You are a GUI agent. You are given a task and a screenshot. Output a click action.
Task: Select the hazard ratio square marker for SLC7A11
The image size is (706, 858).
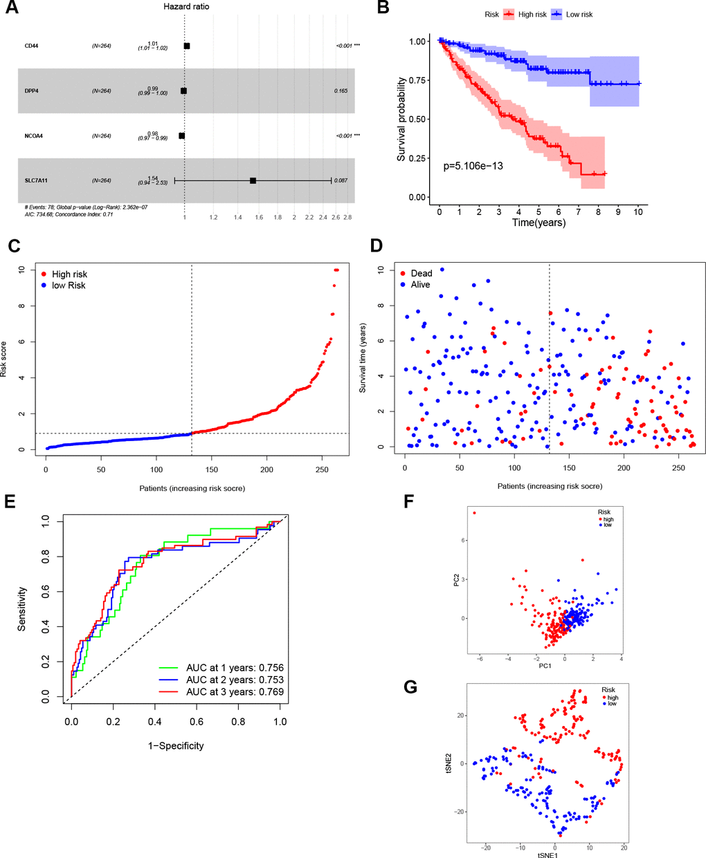(x=253, y=180)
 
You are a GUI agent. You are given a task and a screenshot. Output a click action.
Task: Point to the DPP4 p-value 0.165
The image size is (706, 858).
(x=341, y=91)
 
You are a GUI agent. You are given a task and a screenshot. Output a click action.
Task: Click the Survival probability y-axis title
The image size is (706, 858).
(x=401, y=120)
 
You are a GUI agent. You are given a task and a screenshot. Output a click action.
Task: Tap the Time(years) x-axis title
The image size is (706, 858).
(x=538, y=223)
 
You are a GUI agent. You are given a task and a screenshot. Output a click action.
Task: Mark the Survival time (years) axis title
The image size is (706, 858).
(x=363, y=357)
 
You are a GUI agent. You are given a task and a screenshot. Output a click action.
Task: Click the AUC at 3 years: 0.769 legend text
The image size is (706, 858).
(x=235, y=691)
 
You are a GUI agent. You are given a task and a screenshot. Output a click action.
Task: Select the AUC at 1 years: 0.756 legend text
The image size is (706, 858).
(x=235, y=668)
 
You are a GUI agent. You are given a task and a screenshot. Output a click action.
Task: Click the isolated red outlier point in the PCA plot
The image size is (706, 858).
(x=474, y=513)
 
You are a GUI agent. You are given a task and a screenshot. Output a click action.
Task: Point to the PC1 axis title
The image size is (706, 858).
(x=544, y=666)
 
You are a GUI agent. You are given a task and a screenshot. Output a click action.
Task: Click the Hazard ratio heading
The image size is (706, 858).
(x=185, y=7)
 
